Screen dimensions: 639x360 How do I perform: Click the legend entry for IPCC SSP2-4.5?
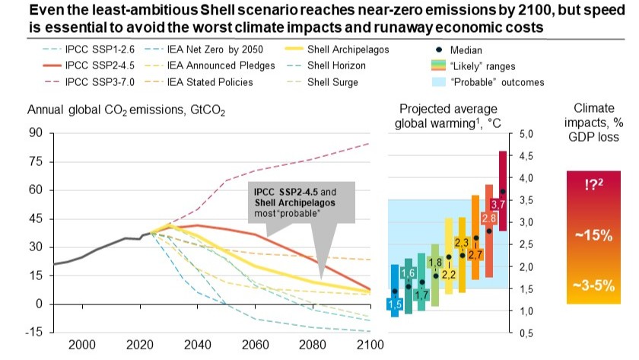click(x=88, y=65)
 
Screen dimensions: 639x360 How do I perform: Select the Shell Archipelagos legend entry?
click(x=336, y=49)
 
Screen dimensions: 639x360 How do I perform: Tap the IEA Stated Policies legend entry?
click(x=199, y=82)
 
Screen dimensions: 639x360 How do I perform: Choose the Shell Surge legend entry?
click(x=321, y=82)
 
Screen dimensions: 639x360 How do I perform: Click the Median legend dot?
click(x=439, y=49)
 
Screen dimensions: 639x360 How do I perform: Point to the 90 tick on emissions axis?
click(x=36, y=132)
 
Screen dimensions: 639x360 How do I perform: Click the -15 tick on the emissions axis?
click(x=33, y=332)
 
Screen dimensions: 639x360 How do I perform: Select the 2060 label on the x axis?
click(x=255, y=345)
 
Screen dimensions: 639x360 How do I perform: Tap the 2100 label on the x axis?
click(x=370, y=345)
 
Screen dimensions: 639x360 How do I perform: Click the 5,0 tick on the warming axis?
click(x=526, y=134)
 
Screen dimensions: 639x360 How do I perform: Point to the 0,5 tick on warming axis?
click(x=526, y=333)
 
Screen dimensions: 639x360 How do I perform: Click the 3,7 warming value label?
click(x=498, y=204)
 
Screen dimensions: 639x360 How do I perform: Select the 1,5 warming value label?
click(x=395, y=304)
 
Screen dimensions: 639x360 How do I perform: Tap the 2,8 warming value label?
click(x=488, y=218)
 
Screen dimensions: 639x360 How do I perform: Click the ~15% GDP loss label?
click(x=593, y=235)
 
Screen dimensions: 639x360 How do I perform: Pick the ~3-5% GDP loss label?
click(x=593, y=285)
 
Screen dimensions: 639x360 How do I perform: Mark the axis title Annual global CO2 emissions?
click(x=126, y=110)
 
